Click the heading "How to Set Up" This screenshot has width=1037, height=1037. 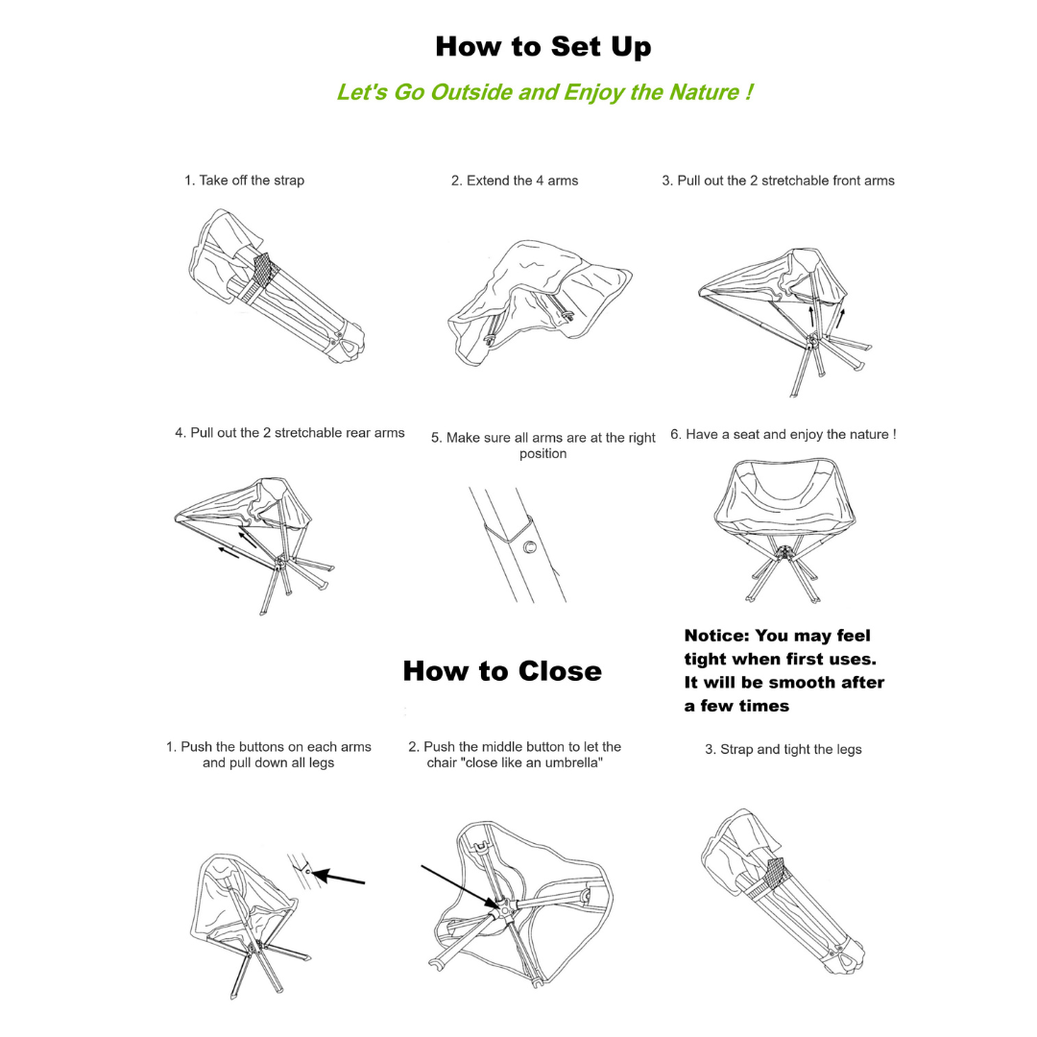543,47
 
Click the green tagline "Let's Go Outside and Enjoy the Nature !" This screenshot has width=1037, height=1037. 543,92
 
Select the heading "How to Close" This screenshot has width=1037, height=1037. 502,670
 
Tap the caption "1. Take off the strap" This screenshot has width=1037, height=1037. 244,181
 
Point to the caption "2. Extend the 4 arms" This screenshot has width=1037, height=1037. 515,181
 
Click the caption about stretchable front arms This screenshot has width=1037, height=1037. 778,181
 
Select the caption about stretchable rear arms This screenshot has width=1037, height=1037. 290,433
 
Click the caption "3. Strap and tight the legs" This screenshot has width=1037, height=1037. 783,749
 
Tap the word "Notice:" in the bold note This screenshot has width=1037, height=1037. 717,636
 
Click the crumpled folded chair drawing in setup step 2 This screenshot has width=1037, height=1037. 538,302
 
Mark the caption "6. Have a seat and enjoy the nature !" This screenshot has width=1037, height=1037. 783,434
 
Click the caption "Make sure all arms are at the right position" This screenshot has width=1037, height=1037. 543,446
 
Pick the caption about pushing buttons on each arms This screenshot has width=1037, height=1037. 268,755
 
